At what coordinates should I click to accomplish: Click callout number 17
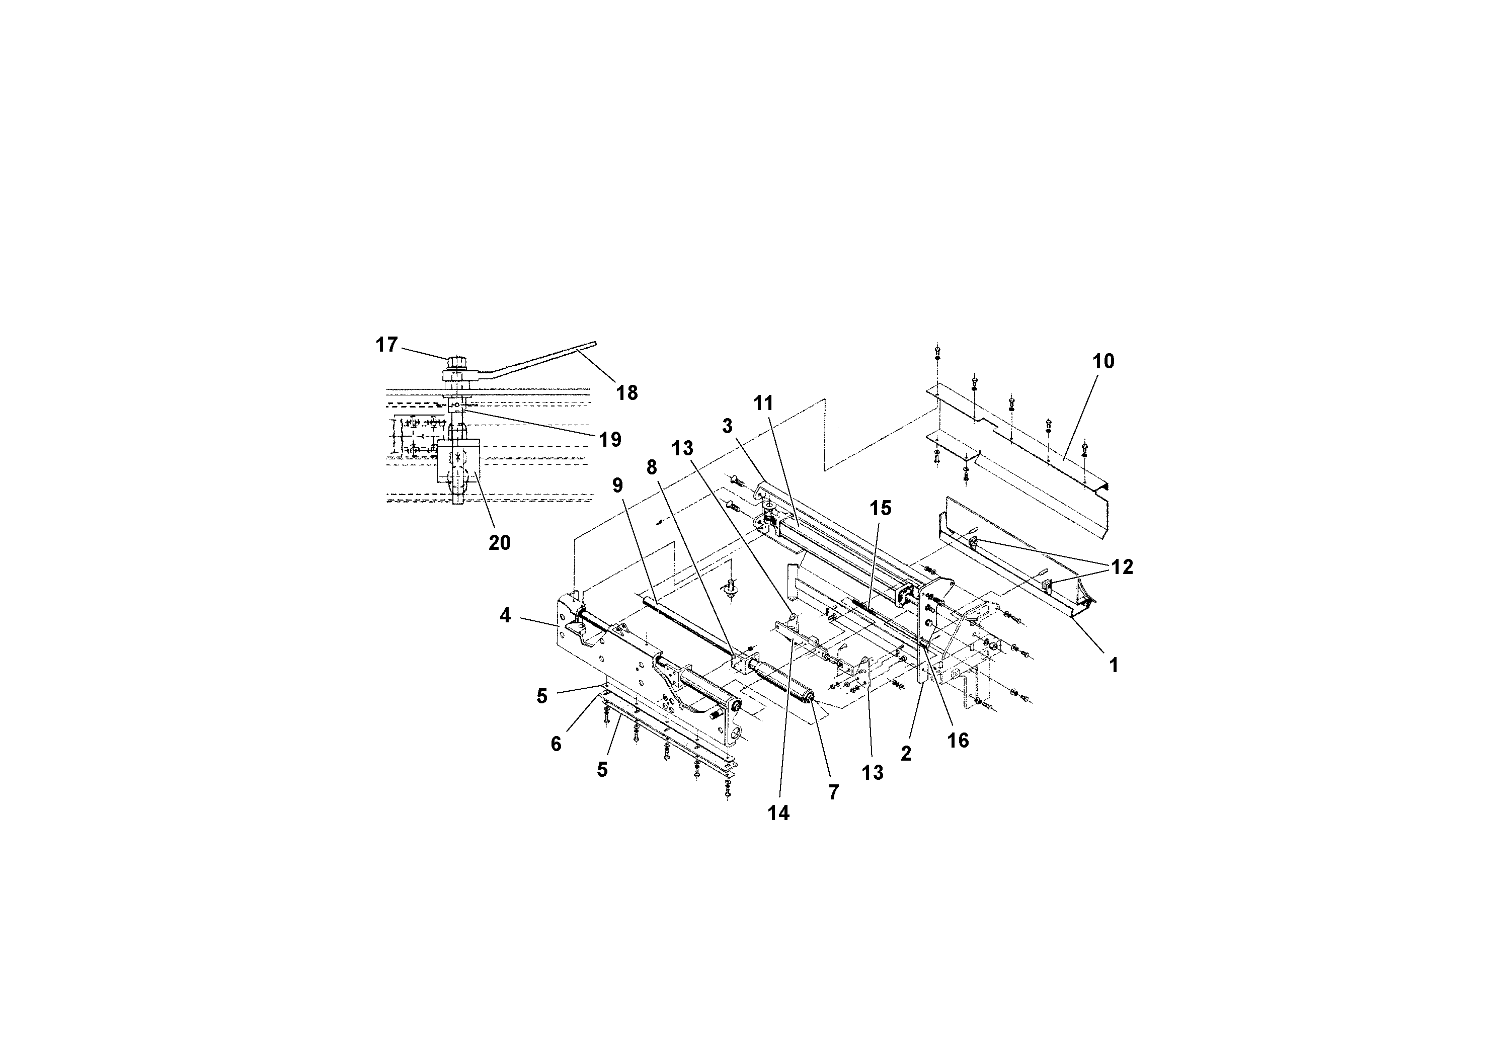tap(386, 345)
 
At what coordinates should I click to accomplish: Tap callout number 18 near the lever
tap(626, 393)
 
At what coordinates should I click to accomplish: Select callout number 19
tap(610, 439)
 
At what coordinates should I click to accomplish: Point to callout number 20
tap(499, 543)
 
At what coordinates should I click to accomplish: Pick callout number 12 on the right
tap(1122, 567)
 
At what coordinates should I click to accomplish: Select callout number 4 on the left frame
tap(505, 615)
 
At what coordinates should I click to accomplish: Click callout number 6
tap(556, 744)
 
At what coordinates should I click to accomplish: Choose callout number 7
tap(833, 792)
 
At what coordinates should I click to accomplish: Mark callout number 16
tap(957, 741)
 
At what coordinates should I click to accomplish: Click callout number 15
tap(880, 508)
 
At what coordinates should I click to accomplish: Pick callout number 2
tap(906, 754)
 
